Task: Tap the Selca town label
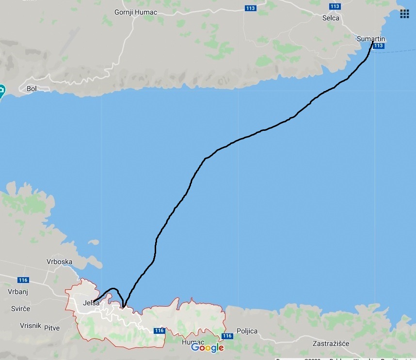331,18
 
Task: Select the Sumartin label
370,38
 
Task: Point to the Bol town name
32,89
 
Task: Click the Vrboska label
60,262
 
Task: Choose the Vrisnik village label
30,326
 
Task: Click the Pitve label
52,328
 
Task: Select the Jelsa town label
91,303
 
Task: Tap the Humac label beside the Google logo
190,342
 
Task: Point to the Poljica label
247,331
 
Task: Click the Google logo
208,347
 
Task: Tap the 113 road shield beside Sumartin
379,46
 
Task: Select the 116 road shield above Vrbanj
23,280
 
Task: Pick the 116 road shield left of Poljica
226,336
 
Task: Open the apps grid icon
404,14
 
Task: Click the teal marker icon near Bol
1,91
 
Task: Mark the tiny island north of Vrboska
94,242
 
